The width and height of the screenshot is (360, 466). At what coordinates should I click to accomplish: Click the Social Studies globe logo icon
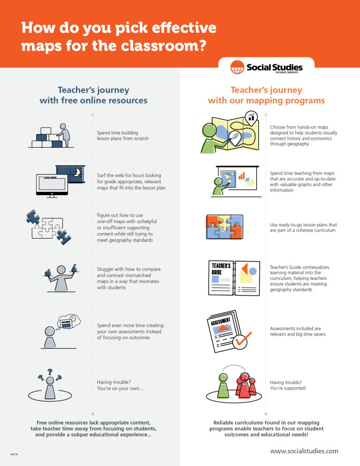pyautogui.click(x=237, y=68)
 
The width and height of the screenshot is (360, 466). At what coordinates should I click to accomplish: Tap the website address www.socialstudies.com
pyautogui.click(x=304, y=451)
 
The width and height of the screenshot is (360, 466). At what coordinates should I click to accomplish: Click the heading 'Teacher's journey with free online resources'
pyautogui.click(x=93, y=95)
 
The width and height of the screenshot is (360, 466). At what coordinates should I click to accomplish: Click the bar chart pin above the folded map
pyautogui.click(x=252, y=116)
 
